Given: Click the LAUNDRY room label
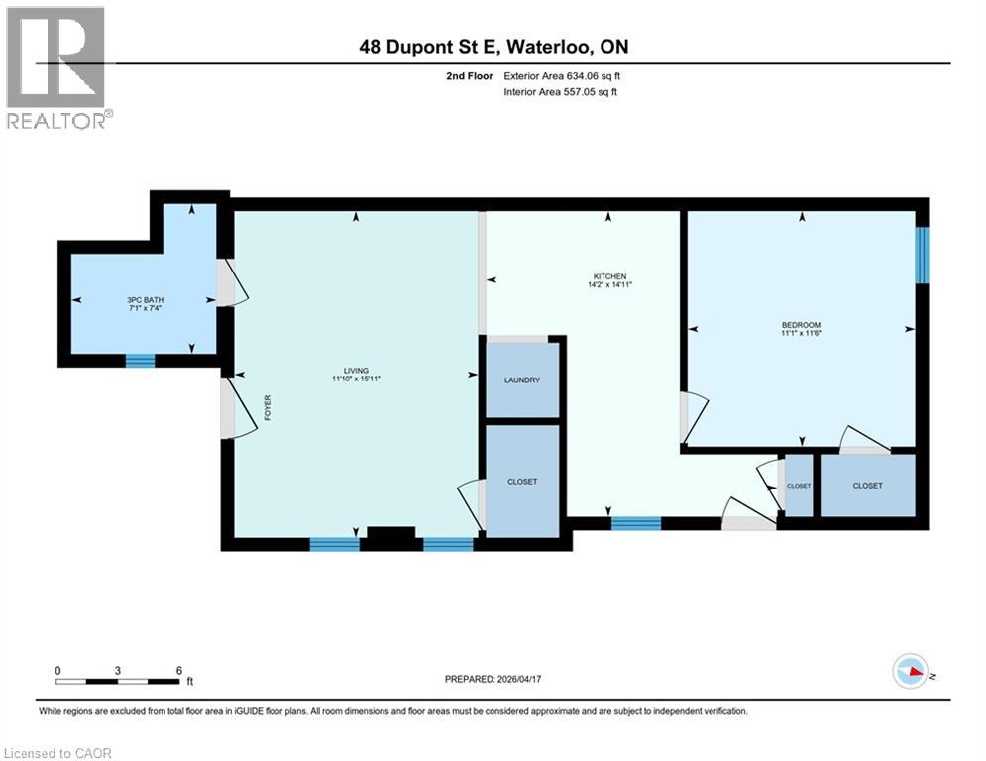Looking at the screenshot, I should pyautogui.click(x=521, y=380).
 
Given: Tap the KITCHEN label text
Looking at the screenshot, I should pyautogui.click(x=609, y=276).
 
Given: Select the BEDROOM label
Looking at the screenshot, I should pyautogui.click(x=801, y=325).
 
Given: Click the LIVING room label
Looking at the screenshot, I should pyautogui.click(x=356, y=370).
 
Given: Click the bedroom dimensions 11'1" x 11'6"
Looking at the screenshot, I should pyautogui.click(x=801, y=334).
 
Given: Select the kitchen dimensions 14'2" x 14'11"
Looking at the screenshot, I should pyautogui.click(x=609, y=284).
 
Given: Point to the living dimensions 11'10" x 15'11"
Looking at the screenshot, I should pyautogui.click(x=356, y=379).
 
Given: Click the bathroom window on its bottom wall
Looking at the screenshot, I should pyautogui.click(x=140, y=361).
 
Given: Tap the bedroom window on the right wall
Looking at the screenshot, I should pyautogui.click(x=922, y=255).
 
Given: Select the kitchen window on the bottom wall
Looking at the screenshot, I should pyautogui.click(x=635, y=523).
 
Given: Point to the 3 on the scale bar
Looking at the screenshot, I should pyautogui.click(x=118, y=670).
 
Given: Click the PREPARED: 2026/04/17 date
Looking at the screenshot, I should pyautogui.click(x=493, y=679).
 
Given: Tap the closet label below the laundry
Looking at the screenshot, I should pyautogui.click(x=521, y=482).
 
